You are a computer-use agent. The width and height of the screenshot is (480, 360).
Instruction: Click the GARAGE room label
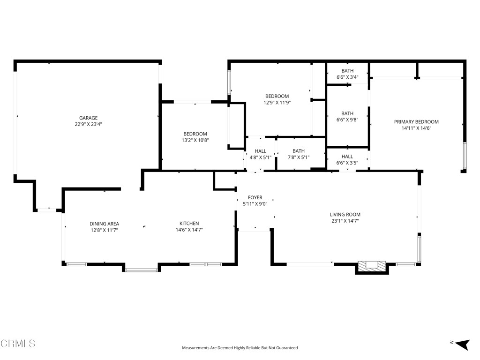click(88, 118)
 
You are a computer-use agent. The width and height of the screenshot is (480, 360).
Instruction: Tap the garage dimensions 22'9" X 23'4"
click(88, 125)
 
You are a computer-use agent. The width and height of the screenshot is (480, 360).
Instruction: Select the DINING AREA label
click(104, 224)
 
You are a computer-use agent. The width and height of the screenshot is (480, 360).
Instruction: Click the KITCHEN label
click(189, 224)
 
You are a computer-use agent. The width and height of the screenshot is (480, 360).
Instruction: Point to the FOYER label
click(255, 198)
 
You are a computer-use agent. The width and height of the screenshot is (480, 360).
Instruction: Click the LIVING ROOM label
click(345, 215)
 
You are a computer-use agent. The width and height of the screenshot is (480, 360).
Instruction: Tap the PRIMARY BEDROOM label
click(416, 122)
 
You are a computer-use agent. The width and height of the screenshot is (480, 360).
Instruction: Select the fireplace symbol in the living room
click(373, 267)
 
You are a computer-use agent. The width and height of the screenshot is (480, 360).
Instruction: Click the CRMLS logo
click(18, 344)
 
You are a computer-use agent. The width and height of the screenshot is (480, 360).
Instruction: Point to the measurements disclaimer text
click(240, 348)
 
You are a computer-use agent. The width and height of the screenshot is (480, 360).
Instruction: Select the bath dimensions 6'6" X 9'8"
click(347, 120)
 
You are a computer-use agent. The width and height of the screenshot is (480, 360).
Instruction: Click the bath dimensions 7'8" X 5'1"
click(299, 157)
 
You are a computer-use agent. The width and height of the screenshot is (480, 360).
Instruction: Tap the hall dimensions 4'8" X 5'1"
click(261, 157)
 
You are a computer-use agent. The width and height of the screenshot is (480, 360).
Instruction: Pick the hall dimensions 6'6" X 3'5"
click(347, 163)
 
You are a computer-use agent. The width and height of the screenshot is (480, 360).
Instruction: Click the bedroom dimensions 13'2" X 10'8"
click(195, 140)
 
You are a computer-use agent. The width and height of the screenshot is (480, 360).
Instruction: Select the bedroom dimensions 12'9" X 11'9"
click(277, 103)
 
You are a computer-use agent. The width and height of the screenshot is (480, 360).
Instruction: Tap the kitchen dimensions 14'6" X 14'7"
click(189, 230)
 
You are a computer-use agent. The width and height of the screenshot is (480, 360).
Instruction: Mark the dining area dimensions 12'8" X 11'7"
click(104, 230)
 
